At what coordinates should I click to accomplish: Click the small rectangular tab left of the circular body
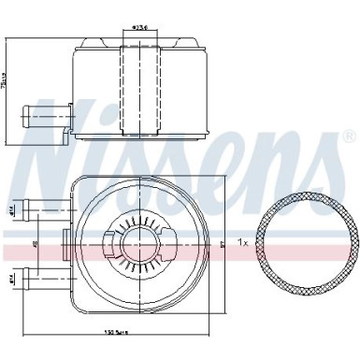click(x=65, y=241)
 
